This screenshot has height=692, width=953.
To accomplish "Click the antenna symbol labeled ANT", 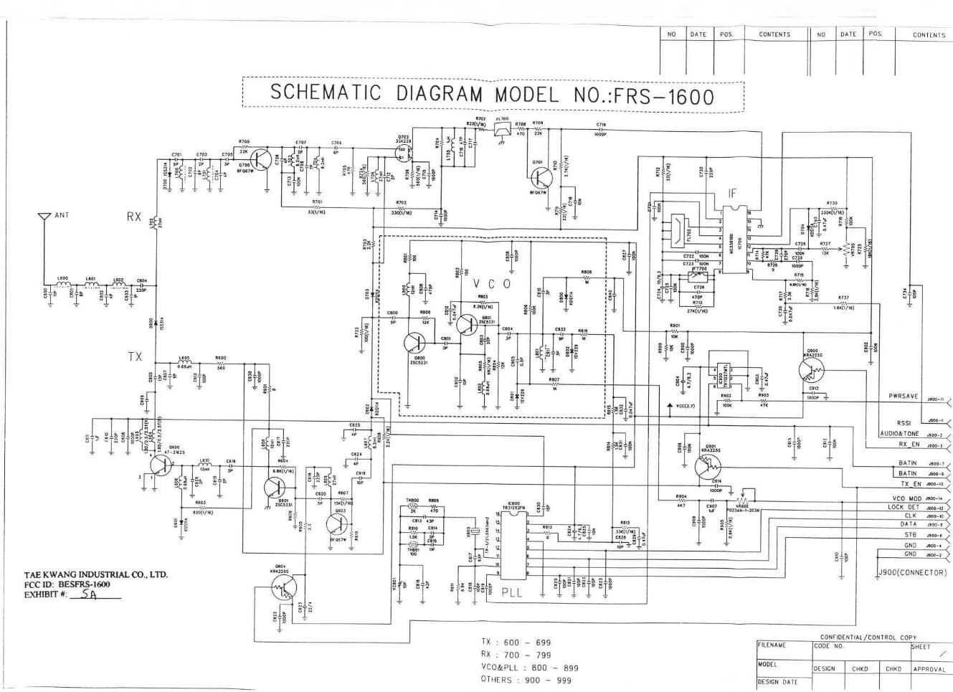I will [x=44, y=216].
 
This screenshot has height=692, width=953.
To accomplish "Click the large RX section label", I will [x=134, y=216].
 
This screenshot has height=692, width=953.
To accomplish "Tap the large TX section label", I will [x=135, y=356].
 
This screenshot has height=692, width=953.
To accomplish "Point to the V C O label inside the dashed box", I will [x=492, y=284].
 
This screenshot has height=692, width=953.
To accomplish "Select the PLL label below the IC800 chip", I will [x=512, y=593].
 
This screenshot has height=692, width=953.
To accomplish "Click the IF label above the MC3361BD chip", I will [x=731, y=193].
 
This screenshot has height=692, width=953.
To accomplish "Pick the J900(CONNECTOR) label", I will [x=911, y=572].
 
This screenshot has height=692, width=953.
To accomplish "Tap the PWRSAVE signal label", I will [x=903, y=396].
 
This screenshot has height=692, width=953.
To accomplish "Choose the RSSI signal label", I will [x=903, y=423].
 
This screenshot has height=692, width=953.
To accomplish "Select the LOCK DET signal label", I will [x=903, y=507].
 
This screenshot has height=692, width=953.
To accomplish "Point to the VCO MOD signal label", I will [x=906, y=498].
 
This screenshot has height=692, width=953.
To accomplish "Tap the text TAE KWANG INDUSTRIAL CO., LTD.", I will [x=96, y=574].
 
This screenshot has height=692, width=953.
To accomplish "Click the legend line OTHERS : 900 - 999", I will [x=526, y=680].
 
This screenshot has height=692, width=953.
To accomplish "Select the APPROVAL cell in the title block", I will [x=929, y=669].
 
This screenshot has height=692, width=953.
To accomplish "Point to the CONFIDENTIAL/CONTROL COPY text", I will [x=868, y=637].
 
